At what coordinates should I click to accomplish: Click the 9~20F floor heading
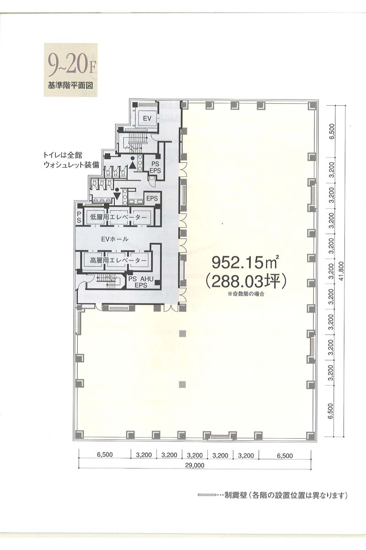71,66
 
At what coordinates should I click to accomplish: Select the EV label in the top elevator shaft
147,119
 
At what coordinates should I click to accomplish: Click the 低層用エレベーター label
118,217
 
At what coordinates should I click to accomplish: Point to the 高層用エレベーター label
118,260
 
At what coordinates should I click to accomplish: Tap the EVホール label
115,239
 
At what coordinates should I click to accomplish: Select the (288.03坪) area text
246,281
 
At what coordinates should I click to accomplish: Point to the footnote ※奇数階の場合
246,294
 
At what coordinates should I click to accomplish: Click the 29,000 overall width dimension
194,465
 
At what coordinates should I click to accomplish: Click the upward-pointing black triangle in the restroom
132,165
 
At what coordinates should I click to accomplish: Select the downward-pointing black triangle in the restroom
117,196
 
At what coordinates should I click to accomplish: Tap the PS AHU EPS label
141,282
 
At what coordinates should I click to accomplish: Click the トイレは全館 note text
63,155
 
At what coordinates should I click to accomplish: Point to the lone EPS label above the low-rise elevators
152,198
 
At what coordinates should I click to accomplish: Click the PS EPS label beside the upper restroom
155,167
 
